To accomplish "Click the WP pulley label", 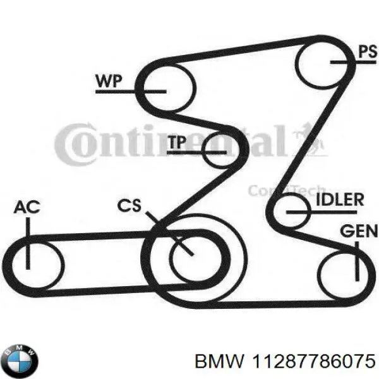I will [x=109, y=81].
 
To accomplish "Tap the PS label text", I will [x=367, y=52].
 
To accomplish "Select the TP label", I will [x=177, y=143].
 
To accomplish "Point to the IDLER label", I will [x=339, y=201].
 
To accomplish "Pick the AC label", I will [x=27, y=208].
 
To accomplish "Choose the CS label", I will [x=130, y=206].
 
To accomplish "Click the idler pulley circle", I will [x=292, y=212].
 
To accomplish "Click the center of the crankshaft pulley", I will [x=192, y=255].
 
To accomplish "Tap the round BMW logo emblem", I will [x=20, y=361].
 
